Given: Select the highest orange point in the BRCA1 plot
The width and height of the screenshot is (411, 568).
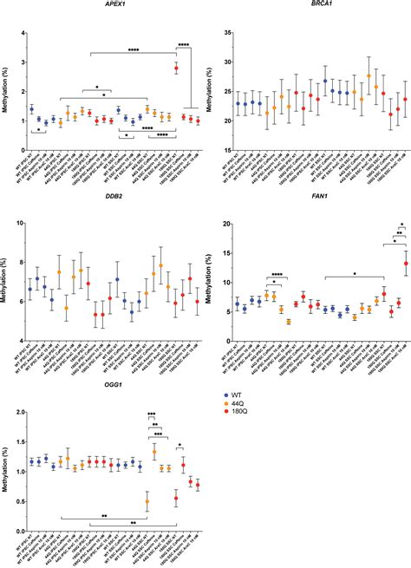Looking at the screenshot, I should tap(369, 75).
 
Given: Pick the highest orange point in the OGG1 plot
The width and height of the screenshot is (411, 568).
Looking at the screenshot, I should tap(154, 452).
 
